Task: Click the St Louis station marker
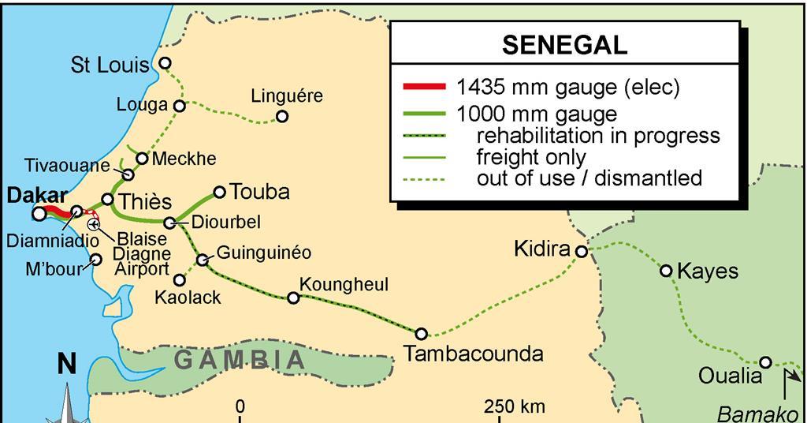click(x=165, y=63)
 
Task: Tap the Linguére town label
click(x=287, y=96)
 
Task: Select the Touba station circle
click(x=219, y=191)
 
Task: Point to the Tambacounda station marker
click(x=422, y=333)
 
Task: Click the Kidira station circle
click(x=581, y=252)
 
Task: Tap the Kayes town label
click(x=709, y=271)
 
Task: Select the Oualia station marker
click(x=764, y=362)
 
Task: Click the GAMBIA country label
click(x=239, y=361)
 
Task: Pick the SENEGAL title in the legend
click(x=564, y=45)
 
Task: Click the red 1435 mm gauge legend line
click(x=424, y=88)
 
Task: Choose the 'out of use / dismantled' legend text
click(x=589, y=178)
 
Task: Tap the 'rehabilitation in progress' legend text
click(x=598, y=136)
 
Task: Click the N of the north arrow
click(x=67, y=364)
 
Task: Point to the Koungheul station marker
click(x=293, y=298)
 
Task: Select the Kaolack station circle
click(x=180, y=279)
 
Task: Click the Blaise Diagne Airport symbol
click(x=94, y=224)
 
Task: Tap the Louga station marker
click(x=180, y=105)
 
